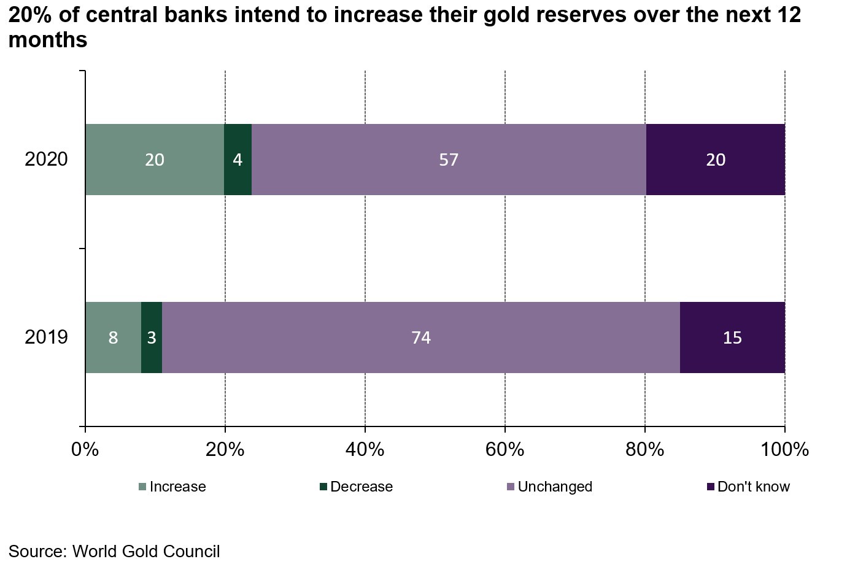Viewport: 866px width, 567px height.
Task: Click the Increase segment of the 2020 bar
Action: click(155, 160)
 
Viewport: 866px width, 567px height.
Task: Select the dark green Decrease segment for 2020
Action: click(238, 160)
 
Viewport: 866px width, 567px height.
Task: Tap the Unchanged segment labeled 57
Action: click(449, 160)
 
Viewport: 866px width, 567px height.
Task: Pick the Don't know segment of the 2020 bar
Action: click(716, 160)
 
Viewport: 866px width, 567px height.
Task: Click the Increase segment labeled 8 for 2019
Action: click(113, 337)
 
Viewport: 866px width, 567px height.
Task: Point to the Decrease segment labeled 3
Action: click(152, 337)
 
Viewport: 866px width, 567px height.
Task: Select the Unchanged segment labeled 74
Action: click(421, 337)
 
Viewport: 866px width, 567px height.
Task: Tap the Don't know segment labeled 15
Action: click(732, 337)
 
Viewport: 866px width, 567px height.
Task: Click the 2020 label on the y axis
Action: click(46, 160)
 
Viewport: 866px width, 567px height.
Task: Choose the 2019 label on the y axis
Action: click(46, 337)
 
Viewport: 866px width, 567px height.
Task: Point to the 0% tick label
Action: click(85, 450)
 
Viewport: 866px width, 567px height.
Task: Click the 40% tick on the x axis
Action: click(365, 450)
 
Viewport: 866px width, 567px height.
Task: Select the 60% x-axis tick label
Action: click(505, 450)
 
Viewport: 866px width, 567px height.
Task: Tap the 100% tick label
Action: click(785, 450)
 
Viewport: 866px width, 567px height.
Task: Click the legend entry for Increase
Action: click(172, 487)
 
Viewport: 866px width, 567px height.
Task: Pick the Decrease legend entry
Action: click(356, 487)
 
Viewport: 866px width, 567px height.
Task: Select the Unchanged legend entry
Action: click(549, 487)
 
